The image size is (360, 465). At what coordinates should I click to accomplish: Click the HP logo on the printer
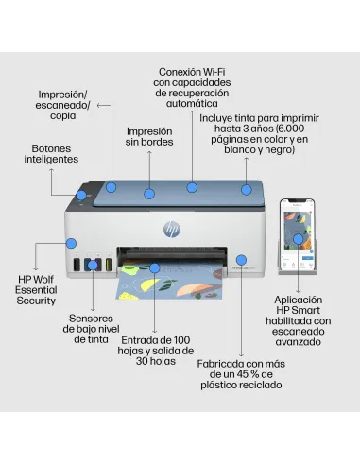tap(171, 229)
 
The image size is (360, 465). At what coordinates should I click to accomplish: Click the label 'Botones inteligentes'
tap(50, 154)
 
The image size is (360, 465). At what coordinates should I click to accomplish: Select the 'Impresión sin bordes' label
tap(150, 137)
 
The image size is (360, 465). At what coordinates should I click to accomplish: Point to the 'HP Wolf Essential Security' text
tap(37, 290)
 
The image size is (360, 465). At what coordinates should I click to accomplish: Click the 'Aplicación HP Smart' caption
tap(297, 320)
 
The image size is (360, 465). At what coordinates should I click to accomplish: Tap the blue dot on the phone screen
tap(298, 239)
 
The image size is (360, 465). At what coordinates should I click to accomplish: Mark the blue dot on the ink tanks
tap(93, 266)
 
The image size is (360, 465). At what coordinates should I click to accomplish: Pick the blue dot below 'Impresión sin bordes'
tap(149, 193)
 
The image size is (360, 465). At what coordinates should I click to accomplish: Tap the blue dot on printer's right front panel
tap(241, 258)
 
